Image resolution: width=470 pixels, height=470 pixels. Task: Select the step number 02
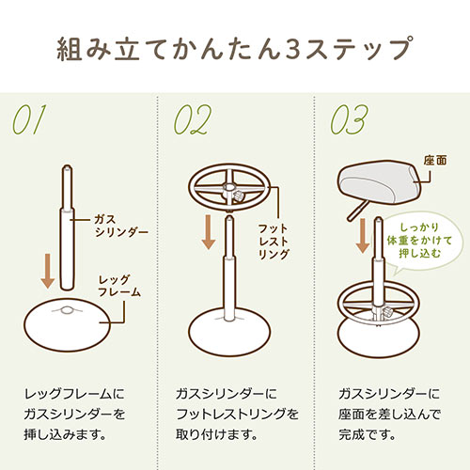point(193,120)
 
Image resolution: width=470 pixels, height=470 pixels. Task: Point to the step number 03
point(351,120)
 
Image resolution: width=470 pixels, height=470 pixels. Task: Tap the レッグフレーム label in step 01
point(120,286)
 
